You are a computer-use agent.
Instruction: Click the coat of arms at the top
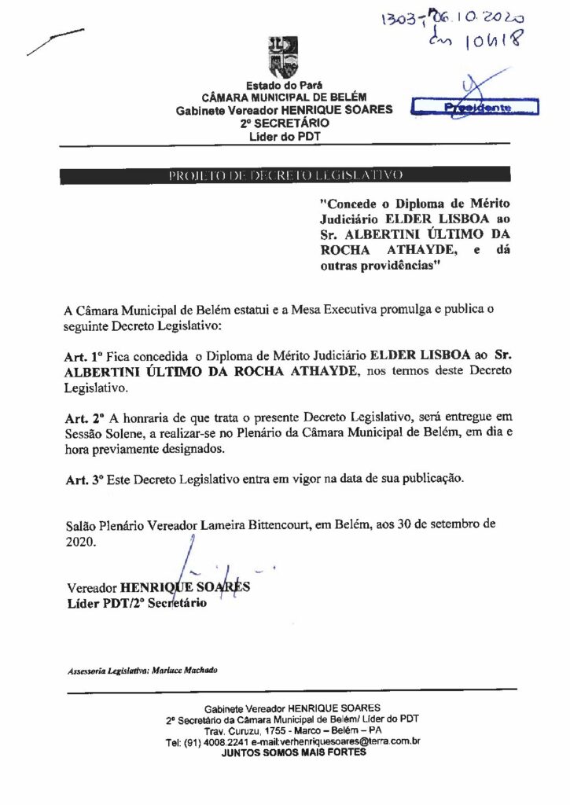(283, 57)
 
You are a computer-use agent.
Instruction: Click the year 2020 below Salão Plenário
(81, 542)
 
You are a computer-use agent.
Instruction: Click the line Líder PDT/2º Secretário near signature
(137, 604)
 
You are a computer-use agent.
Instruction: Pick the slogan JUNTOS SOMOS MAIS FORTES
(293, 752)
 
